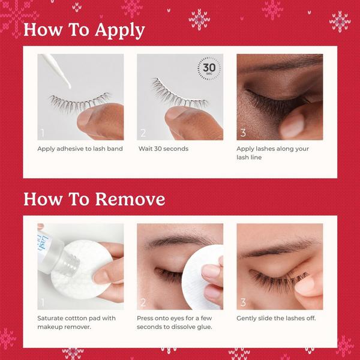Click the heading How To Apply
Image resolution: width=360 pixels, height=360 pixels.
[x=83, y=29]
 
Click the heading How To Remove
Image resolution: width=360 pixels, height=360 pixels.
[x=94, y=199]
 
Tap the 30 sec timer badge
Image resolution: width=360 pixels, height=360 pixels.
[x=209, y=68]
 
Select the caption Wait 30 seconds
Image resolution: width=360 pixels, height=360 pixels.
[x=163, y=148]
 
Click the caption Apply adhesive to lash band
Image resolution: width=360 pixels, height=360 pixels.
[x=80, y=148]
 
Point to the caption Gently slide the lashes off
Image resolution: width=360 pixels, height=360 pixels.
[x=276, y=318]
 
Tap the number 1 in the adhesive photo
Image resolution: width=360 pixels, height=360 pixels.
[x=43, y=133]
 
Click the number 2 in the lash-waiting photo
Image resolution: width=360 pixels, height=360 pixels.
[x=143, y=133]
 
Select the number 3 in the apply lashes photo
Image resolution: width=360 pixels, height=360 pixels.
[x=242, y=133]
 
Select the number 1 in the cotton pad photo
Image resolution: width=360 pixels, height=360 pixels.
[x=43, y=302]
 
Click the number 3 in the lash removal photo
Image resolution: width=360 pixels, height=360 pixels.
[x=242, y=302]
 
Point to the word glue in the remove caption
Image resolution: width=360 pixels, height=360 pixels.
[x=212, y=326]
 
